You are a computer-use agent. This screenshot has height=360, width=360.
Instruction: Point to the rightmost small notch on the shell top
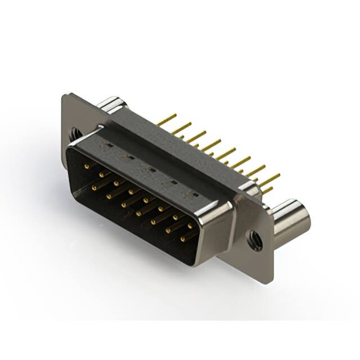pos(195,193)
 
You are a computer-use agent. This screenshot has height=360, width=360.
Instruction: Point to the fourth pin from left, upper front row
pos(132,191)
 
